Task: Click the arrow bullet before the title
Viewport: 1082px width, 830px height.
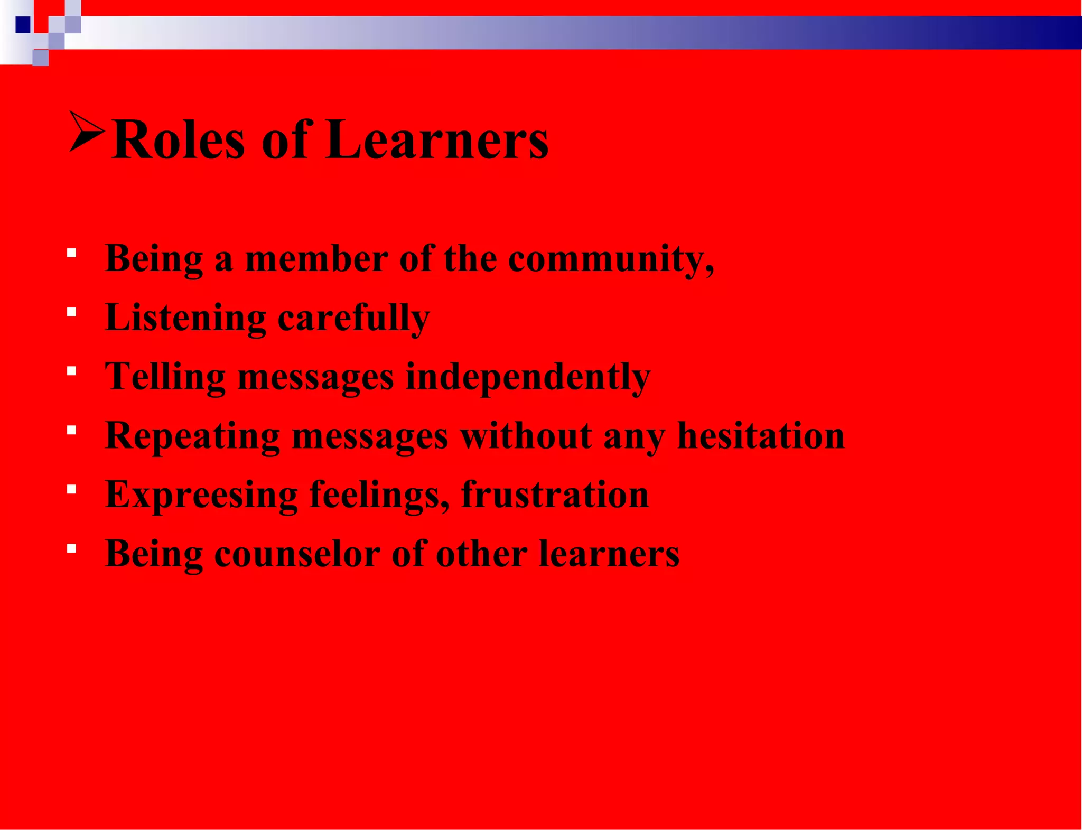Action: coord(86,132)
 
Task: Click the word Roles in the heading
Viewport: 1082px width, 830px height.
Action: coord(179,140)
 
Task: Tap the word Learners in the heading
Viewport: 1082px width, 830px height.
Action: coord(437,140)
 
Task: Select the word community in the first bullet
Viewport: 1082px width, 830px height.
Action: coord(611,259)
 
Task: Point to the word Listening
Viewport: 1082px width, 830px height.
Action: coord(185,319)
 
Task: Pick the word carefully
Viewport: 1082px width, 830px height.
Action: coord(353,319)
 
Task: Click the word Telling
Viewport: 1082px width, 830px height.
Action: coord(165,378)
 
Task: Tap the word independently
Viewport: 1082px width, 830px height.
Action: coord(528,378)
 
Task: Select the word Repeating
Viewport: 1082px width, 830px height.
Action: coord(192,437)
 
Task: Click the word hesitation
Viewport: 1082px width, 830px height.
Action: coord(761,436)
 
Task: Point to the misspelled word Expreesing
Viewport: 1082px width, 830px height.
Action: coord(201,496)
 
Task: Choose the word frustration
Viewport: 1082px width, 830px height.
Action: coord(555,495)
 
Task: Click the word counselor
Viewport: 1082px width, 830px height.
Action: coord(297,554)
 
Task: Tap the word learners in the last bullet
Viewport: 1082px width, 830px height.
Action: coord(609,554)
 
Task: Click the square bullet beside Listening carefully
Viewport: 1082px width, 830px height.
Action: coord(72,312)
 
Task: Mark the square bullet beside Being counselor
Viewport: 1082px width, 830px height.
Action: coord(72,548)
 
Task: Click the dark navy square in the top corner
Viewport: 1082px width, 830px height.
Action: coord(23,25)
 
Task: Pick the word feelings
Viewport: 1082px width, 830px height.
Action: coord(379,496)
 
